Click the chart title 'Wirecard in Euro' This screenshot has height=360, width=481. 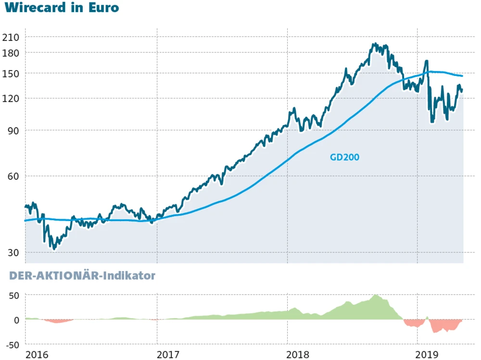pyautogui.click(x=61, y=8)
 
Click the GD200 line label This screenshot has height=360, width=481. pyautogui.click(x=345, y=157)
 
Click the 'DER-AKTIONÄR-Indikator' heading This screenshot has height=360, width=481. pyautogui.click(x=79, y=276)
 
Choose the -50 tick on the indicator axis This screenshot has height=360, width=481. pyautogui.click(x=12, y=345)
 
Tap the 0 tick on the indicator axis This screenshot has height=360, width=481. pyautogui.click(x=17, y=320)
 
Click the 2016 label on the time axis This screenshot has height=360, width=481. pyautogui.click(x=37, y=355)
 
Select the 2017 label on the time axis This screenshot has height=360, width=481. pyautogui.click(x=168, y=355)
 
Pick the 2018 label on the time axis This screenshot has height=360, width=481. pyautogui.click(x=298, y=355)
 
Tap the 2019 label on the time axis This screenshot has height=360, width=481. pyautogui.click(x=428, y=355)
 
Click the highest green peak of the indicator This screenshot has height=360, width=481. pyautogui.click(x=376, y=295)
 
